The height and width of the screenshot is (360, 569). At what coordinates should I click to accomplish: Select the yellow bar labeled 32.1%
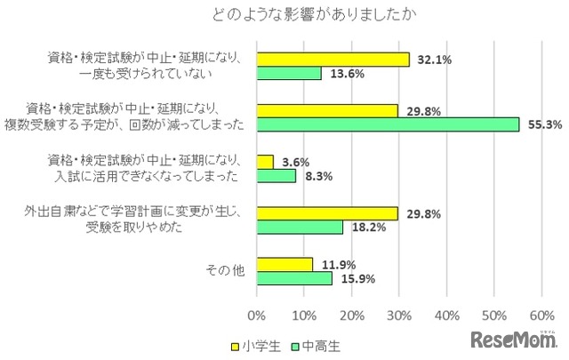[x=333, y=60]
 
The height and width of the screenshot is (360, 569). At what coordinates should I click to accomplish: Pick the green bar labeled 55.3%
[x=388, y=125]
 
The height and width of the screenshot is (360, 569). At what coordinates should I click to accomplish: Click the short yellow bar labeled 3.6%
[x=265, y=162]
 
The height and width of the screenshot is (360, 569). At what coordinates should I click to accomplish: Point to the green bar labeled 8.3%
[x=276, y=176]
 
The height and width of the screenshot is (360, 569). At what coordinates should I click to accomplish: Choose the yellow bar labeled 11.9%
[x=284, y=264]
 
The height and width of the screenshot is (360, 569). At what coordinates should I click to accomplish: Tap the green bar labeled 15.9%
[x=294, y=278]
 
